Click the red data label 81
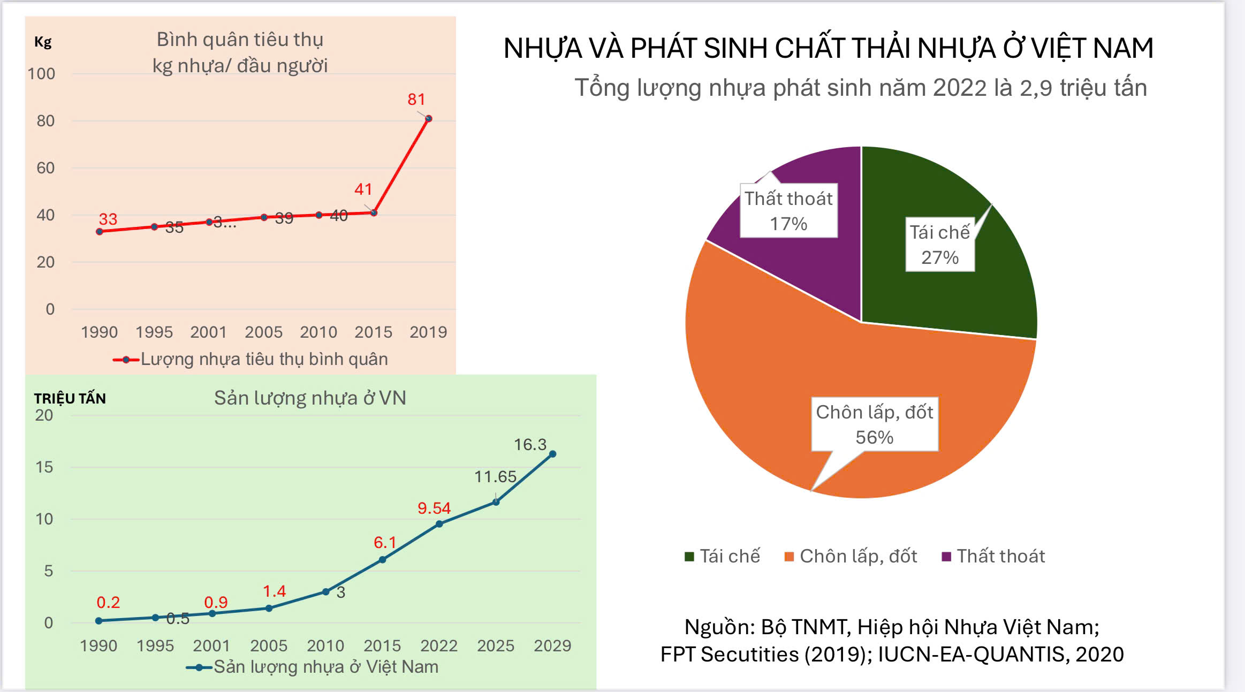[x=416, y=100]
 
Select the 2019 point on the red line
[x=429, y=119]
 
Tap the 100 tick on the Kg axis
[x=42, y=74]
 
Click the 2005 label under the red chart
[x=263, y=332]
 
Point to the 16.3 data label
[x=530, y=445]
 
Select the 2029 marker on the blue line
[x=552, y=454]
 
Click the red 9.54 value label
[x=434, y=508]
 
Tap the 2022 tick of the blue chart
[x=438, y=646]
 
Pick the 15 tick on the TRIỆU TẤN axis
[x=44, y=467]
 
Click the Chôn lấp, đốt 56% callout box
[x=874, y=424]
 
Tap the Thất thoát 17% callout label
[x=788, y=211]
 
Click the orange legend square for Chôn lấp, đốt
[x=788, y=557]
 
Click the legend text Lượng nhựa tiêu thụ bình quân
[x=264, y=359]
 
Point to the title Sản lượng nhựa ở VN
[x=310, y=398]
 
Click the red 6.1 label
[x=384, y=543]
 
